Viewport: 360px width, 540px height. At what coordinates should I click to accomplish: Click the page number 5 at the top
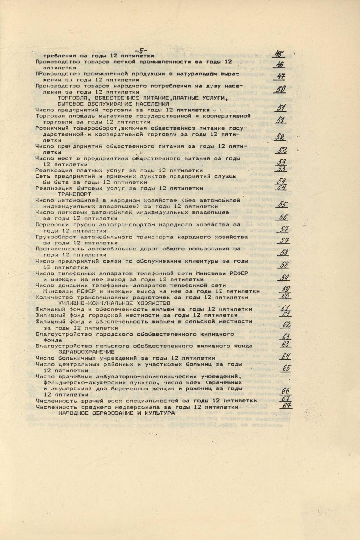(141, 50)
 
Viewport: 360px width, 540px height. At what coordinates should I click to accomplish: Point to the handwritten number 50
(280, 89)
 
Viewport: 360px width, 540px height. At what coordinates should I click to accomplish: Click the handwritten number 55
(282, 204)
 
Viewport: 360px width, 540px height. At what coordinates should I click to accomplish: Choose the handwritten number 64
(285, 356)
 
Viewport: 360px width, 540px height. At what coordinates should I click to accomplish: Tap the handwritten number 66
(285, 391)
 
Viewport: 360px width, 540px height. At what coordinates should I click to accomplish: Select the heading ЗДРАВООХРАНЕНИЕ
(86, 352)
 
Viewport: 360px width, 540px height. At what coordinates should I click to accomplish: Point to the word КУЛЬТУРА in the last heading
(160, 413)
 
